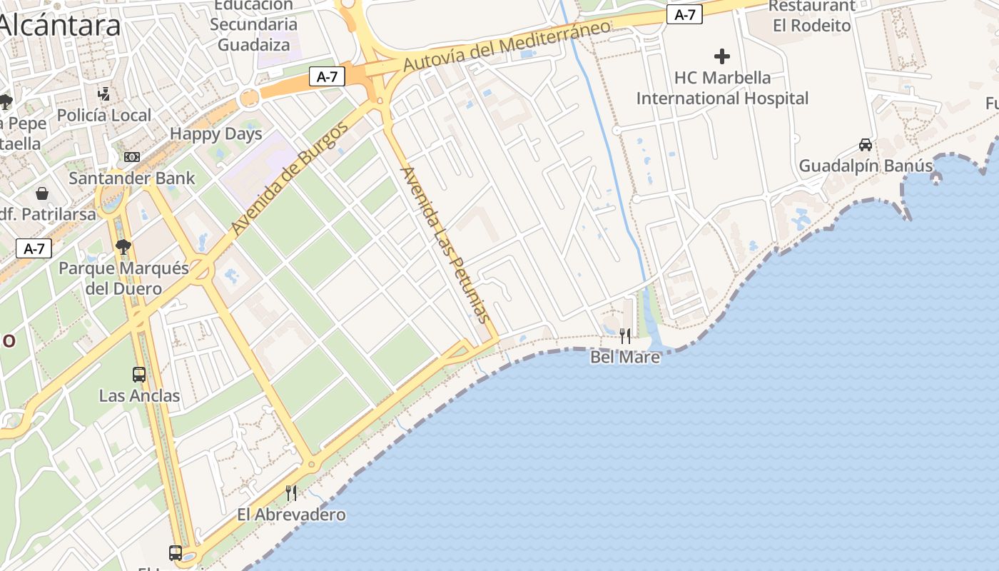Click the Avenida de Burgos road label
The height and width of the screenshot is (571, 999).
pos(290,178)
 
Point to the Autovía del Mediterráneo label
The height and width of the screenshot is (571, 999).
pos(507,46)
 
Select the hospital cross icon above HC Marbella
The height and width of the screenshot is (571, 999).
pos(722,56)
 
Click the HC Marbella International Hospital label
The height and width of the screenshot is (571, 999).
pos(722,88)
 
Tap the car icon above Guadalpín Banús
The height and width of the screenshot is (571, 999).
pos(866,145)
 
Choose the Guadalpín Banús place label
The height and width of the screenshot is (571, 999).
pos(866,166)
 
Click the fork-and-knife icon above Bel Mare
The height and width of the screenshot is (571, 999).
pos(625,335)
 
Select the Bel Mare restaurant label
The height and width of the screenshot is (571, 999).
pos(625,356)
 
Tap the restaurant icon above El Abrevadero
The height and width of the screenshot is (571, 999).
pos(291,493)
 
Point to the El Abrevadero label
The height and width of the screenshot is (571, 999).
pos(291,514)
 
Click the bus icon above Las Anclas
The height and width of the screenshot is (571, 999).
pos(139,374)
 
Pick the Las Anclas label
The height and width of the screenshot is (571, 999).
pos(139,395)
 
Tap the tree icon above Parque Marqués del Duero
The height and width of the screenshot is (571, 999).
pos(123,247)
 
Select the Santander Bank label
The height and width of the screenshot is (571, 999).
pos(132,178)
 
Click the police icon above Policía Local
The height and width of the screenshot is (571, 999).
pos(104,94)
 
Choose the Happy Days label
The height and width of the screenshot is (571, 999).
pos(216,133)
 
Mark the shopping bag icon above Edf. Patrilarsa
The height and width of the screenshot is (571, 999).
pos(42,193)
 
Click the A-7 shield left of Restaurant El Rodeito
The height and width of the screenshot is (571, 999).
pos(684,14)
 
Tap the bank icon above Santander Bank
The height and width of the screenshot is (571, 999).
pos(132,157)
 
